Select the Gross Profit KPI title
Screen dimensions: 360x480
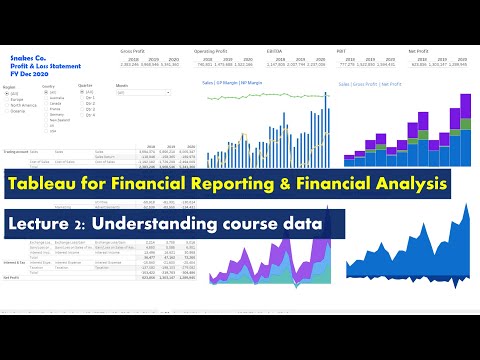tap(132, 48)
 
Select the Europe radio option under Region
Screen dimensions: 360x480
tap(11, 100)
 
